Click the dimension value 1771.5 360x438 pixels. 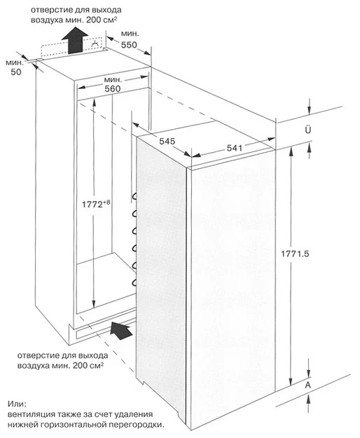click(x=295, y=254)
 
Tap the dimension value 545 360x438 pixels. click(x=167, y=141)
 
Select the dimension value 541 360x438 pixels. click(x=235, y=148)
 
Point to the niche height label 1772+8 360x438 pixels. click(x=96, y=204)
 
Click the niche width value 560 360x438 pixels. click(x=113, y=88)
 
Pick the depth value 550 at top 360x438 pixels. click(x=129, y=45)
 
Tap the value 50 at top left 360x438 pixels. click(x=16, y=71)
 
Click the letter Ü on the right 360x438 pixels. click(x=307, y=130)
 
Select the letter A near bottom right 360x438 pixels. click(x=307, y=385)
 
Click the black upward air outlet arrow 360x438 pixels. click(x=75, y=40)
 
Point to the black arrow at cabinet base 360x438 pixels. click(x=121, y=330)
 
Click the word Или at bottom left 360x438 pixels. click(x=17, y=404)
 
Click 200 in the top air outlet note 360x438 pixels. click(x=94, y=20)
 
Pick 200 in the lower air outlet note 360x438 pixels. click(x=81, y=366)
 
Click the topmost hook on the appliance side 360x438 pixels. click(x=134, y=197)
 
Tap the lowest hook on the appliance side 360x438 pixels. click(x=134, y=282)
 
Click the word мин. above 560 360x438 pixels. click(x=113, y=80)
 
